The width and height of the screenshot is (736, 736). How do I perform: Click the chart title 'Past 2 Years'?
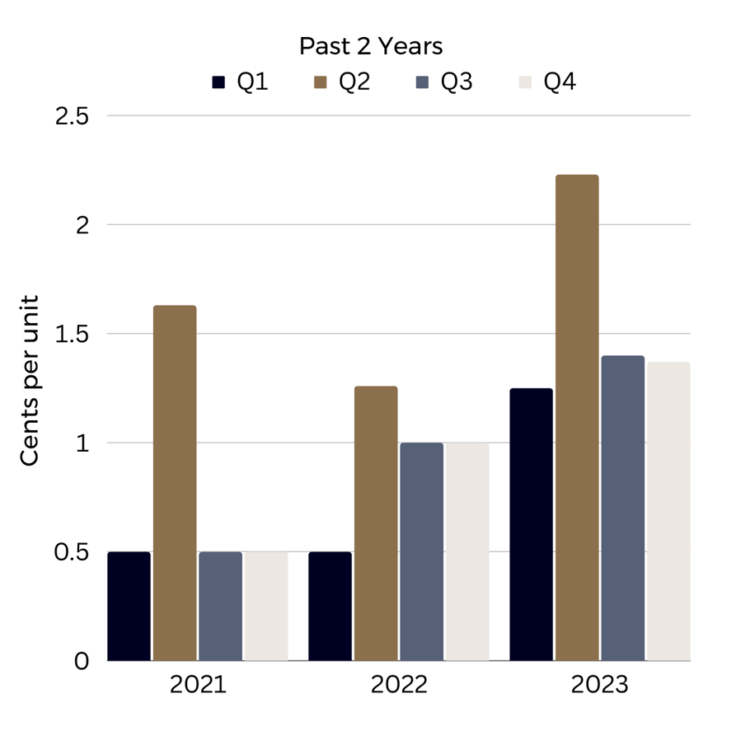(370, 46)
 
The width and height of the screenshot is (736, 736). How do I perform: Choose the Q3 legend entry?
(444, 83)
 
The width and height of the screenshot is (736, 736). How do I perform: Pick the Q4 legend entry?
(547, 83)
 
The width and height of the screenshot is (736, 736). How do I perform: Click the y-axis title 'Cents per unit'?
(30, 381)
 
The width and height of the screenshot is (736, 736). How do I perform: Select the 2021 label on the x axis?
(198, 686)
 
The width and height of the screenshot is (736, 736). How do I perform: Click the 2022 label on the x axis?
(399, 686)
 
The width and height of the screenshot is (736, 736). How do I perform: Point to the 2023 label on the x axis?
(600, 686)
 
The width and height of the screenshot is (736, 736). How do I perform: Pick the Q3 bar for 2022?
(422, 551)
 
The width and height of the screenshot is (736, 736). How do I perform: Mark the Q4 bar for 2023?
(668, 511)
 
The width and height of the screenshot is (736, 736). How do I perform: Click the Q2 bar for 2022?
(376, 523)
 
